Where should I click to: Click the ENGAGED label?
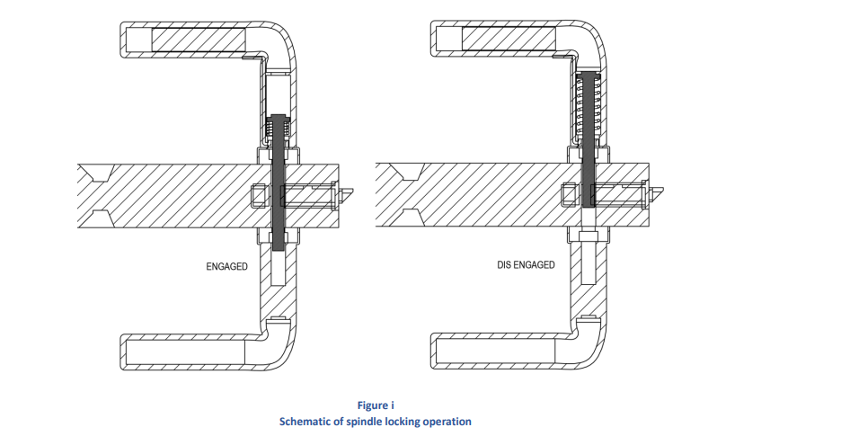(226, 267)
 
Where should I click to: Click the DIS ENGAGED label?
(526, 265)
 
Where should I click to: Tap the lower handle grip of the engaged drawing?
(184, 350)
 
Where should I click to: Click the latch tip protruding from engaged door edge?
(348, 190)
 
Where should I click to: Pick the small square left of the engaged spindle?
(259, 194)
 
